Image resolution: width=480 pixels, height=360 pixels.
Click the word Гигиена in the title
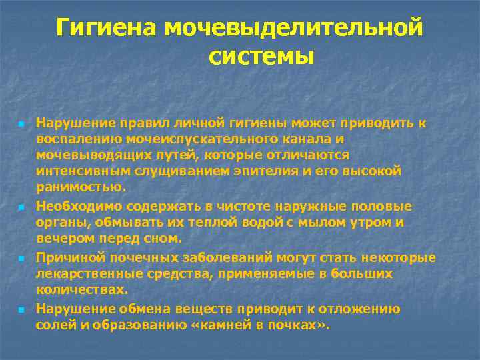tap(106, 28)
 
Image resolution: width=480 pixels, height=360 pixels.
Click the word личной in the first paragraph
tap(191, 123)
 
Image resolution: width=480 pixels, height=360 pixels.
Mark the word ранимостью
tap(79, 187)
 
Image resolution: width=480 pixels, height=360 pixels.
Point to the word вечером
tap(62, 239)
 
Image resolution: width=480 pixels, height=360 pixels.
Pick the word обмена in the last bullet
tap(143, 308)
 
